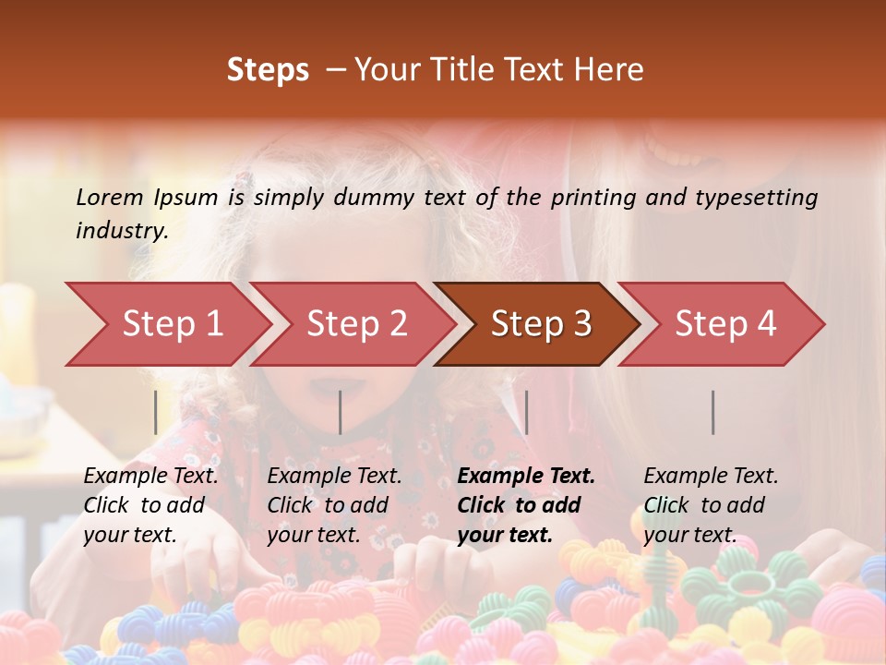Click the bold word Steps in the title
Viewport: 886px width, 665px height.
point(268,70)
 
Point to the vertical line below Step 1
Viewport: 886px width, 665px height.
point(156,412)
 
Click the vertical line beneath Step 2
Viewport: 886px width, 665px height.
point(341,412)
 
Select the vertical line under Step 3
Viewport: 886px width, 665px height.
point(526,412)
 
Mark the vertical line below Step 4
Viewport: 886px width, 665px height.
point(712,412)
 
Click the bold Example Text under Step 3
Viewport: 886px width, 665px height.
point(526,505)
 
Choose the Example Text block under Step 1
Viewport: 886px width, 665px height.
point(150,505)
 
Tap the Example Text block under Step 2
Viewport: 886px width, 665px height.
point(334,505)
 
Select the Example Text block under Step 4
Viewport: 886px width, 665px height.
point(711,505)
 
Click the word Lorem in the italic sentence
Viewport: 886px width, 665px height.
point(109,198)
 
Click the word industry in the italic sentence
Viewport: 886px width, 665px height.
point(122,231)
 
